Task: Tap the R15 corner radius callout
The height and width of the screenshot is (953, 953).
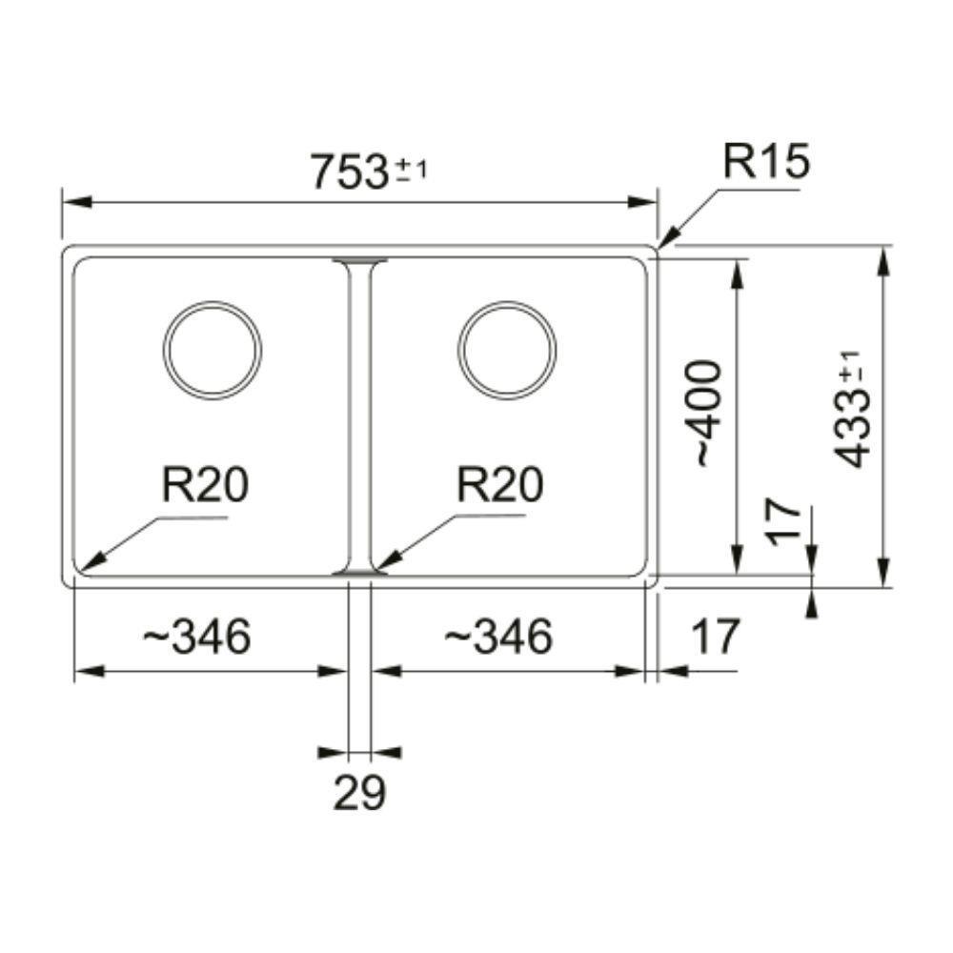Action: pyautogui.click(x=765, y=162)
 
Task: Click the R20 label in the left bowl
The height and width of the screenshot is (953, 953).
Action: pyautogui.click(x=205, y=485)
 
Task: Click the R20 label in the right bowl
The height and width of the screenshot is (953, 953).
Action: pyautogui.click(x=500, y=485)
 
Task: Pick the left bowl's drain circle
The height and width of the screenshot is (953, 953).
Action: pyautogui.click(x=212, y=350)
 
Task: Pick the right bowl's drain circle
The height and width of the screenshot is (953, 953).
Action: pyautogui.click(x=506, y=350)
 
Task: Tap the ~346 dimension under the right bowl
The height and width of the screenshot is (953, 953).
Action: pyautogui.click(x=497, y=637)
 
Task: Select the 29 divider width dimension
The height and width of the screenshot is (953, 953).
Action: pyautogui.click(x=359, y=792)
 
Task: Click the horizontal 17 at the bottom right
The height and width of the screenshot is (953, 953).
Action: pyautogui.click(x=715, y=637)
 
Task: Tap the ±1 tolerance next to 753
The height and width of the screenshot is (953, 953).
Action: pyautogui.click(x=412, y=172)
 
